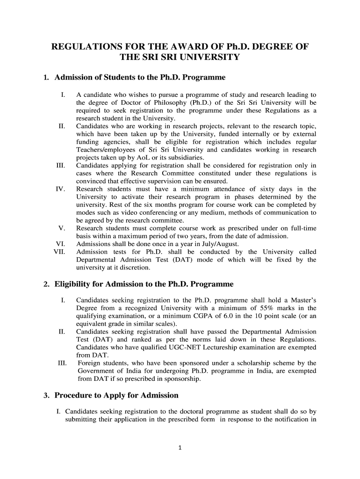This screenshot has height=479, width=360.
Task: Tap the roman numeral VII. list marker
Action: [x=60, y=252]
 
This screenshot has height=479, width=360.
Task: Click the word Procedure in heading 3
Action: [x=74, y=395]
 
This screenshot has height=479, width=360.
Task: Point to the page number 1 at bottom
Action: [x=180, y=447]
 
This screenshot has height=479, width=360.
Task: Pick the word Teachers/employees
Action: [x=107, y=150]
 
